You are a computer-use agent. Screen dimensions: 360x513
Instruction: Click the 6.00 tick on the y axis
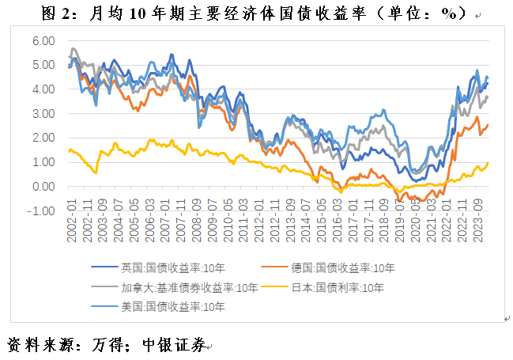(x=44, y=41)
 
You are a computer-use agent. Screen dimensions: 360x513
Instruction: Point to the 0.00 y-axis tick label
(x=44, y=187)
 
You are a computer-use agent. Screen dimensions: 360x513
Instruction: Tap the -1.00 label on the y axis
(x=43, y=211)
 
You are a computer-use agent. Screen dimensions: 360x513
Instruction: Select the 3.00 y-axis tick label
(x=44, y=114)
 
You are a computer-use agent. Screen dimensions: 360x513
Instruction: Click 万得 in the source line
(x=112, y=344)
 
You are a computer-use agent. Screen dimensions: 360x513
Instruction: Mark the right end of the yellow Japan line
(x=488, y=162)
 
